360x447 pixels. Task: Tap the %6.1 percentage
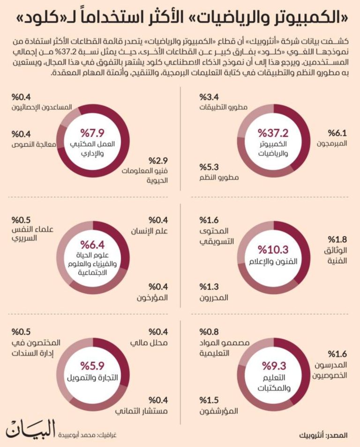[337, 133]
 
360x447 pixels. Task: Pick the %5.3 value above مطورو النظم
[209, 167]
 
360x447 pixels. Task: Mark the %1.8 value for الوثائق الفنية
[337, 239]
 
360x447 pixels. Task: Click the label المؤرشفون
[218, 411]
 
